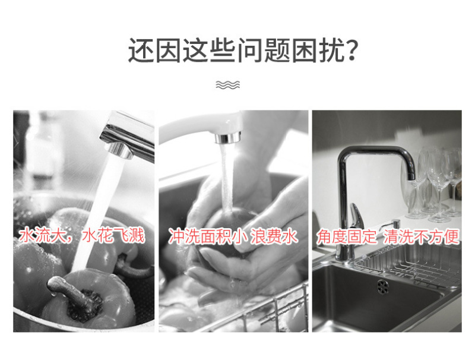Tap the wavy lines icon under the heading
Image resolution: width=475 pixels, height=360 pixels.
[x=228, y=85]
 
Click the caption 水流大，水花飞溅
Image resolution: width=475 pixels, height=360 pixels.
[x=82, y=236]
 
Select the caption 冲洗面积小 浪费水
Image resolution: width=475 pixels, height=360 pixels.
[x=233, y=236]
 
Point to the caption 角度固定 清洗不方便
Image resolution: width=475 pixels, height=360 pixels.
[x=388, y=236]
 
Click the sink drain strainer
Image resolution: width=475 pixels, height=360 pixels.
[x=383, y=287]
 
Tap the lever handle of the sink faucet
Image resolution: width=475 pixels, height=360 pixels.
[x=355, y=216]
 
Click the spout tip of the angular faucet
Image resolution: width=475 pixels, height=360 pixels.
[x=411, y=176]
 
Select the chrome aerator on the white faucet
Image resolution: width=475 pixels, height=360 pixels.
[x=228, y=138]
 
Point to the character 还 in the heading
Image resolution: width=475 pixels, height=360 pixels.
[x=141, y=50]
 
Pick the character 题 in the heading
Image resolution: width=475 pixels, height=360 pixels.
[x=277, y=50]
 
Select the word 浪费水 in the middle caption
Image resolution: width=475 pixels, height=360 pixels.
[x=274, y=236]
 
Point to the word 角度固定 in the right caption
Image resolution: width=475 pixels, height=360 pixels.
[x=346, y=236]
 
